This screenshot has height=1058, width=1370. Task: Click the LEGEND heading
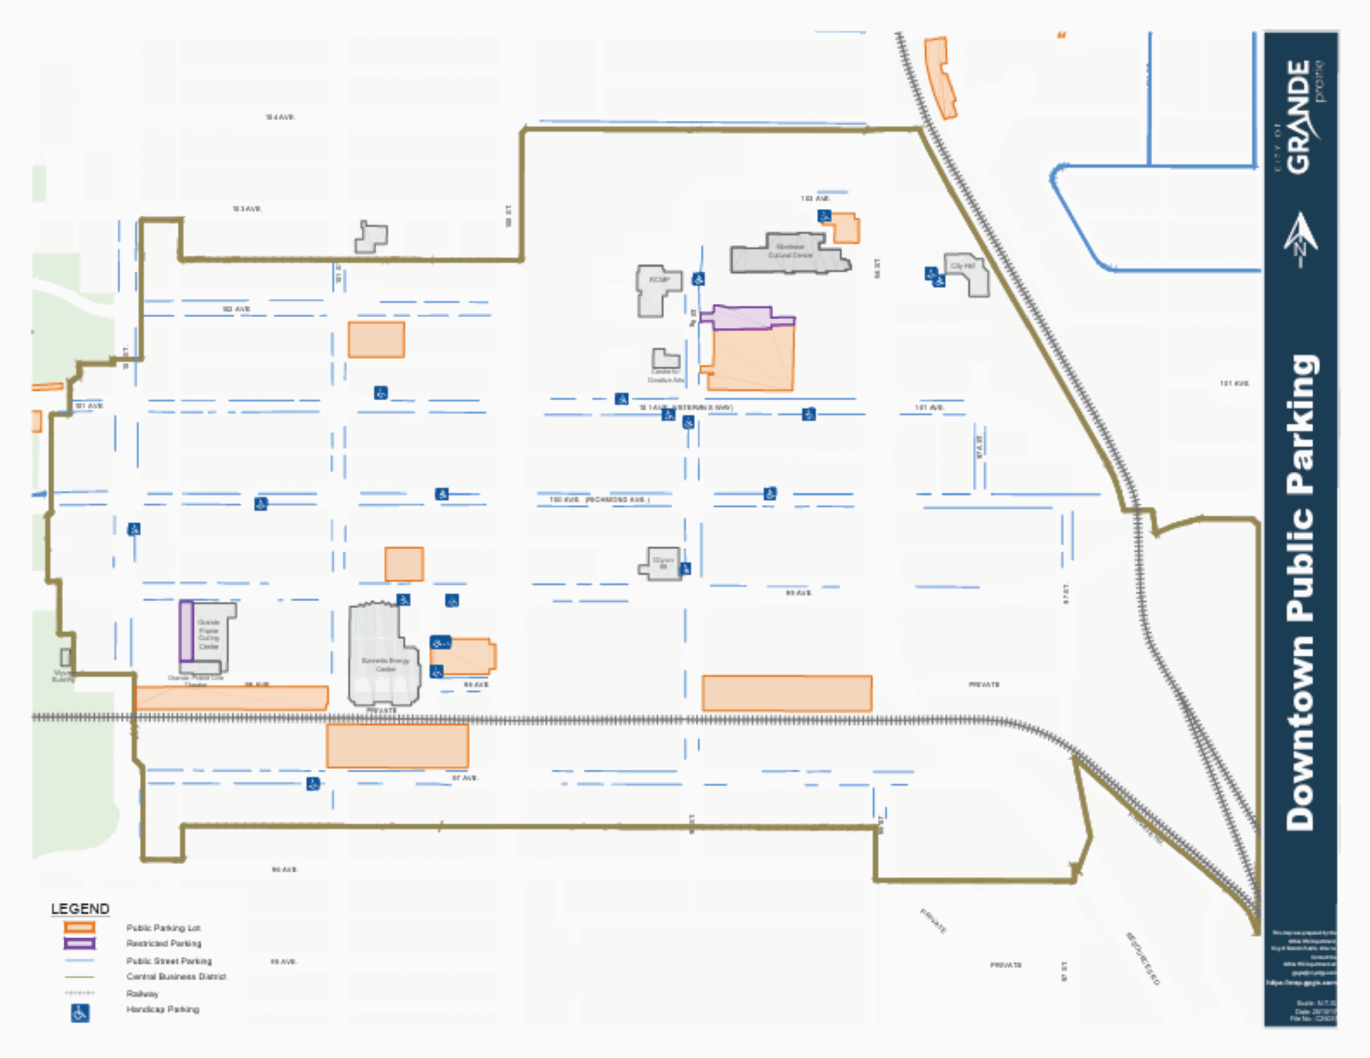coord(80,909)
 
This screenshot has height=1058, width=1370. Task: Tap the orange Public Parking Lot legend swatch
coord(79,927)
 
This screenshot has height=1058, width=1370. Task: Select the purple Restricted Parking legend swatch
coord(79,943)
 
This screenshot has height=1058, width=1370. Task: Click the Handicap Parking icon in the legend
coord(80,1012)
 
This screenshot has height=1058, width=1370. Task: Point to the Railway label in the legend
coord(142,993)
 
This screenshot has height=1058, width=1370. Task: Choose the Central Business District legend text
coord(176,977)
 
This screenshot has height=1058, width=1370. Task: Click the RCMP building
coord(658,290)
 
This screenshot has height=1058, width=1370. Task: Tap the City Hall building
coord(968,273)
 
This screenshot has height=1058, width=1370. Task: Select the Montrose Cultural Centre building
coord(789,254)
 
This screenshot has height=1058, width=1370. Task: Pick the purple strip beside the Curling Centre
coord(186,631)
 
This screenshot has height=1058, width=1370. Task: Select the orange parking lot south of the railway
coord(397,746)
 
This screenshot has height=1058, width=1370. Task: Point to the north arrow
coord(1300,239)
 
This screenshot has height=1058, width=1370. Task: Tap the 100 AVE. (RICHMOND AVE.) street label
coord(599,500)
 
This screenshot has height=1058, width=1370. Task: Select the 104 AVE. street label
coord(280,117)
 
